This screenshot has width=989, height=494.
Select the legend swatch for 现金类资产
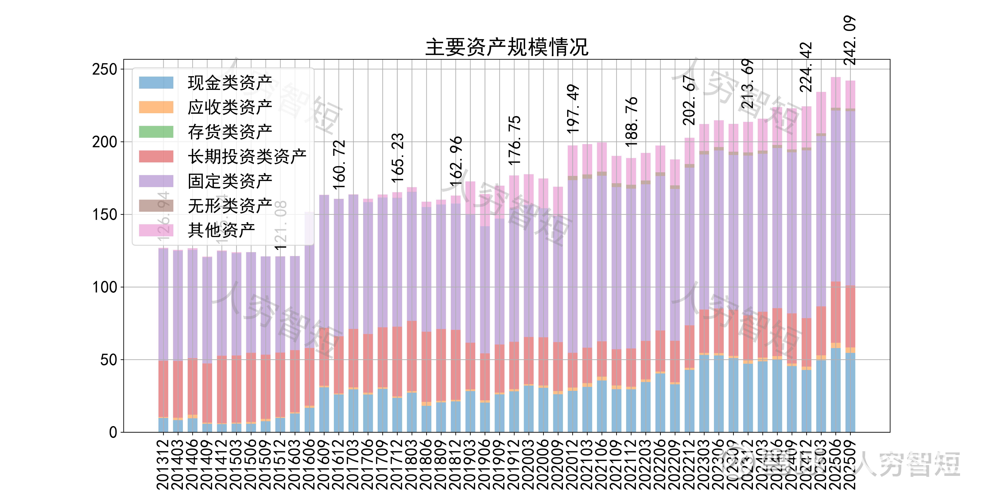point(156,83)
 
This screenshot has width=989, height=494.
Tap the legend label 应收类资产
point(230,107)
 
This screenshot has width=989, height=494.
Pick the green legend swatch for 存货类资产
point(156,132)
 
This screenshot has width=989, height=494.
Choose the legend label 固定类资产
point(230,181)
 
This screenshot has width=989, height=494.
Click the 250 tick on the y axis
point(104,69)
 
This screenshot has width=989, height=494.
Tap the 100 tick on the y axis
point(104,287)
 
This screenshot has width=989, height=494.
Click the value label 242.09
point(850,40)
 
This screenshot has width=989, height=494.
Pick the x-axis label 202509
point(850,464)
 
